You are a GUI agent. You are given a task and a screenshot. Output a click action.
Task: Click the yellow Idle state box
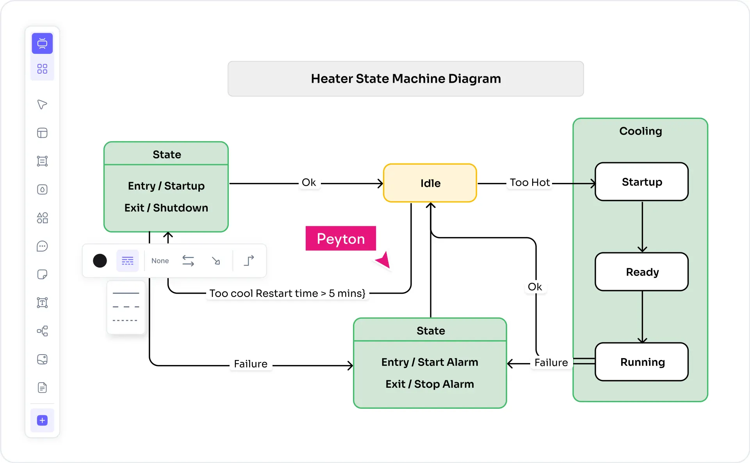point(430,183)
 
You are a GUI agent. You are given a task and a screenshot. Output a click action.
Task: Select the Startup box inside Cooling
point(641,182)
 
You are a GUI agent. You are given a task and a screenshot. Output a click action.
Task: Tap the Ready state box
point(641,272)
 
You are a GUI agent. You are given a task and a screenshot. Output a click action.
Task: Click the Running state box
point(641,362)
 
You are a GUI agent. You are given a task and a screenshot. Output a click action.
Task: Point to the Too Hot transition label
point(529,183)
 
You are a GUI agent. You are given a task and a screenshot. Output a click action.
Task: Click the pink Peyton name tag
point(340,239)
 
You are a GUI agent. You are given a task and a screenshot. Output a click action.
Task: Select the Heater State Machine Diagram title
point(406,79)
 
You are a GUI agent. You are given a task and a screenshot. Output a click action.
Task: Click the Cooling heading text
point(640,131)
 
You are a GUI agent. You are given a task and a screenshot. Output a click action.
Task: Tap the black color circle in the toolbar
point(100,261)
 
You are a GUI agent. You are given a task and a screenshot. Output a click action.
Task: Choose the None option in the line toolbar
point(160,261)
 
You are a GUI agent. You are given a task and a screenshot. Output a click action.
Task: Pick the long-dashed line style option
point(126,307)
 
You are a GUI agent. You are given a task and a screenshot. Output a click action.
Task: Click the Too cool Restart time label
point(287,293)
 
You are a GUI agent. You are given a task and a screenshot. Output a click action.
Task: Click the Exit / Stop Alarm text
point(429,384)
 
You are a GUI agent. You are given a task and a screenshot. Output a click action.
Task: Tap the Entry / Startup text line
point(166,186)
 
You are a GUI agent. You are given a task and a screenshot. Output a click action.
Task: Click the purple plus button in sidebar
point(42,420)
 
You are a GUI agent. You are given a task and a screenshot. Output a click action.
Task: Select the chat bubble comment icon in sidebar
point(42,247)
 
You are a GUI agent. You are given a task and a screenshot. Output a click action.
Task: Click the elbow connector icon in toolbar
point(249,261)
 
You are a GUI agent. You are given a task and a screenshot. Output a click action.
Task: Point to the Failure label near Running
point(551,363)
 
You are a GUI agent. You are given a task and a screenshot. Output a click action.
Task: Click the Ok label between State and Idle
point(308,183)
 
